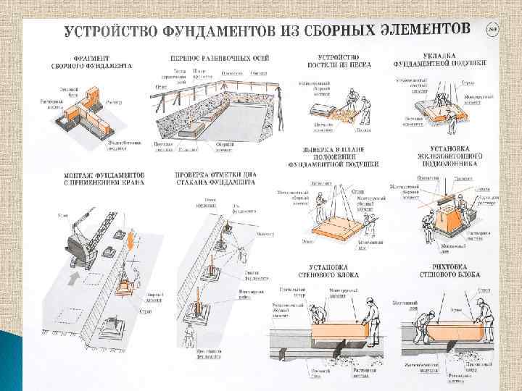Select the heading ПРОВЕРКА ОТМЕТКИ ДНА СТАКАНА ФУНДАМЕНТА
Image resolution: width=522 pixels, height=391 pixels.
(x=215, y=179)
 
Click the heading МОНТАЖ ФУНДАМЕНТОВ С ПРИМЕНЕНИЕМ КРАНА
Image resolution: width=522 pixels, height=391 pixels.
(x=102, y=179)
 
